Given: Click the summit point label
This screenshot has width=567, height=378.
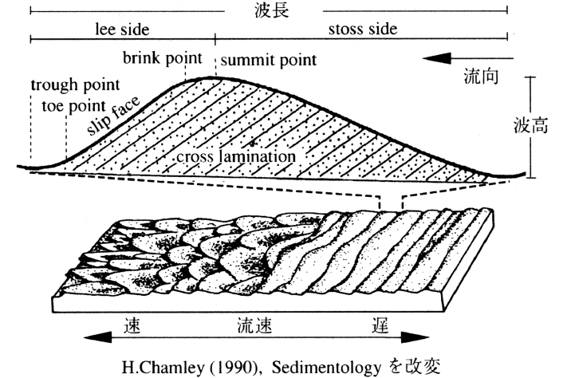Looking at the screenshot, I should (x=268, y=60).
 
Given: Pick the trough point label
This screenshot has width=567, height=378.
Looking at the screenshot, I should (x=76, y=85).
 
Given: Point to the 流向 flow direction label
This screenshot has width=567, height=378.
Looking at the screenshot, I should (x=482, y=77).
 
